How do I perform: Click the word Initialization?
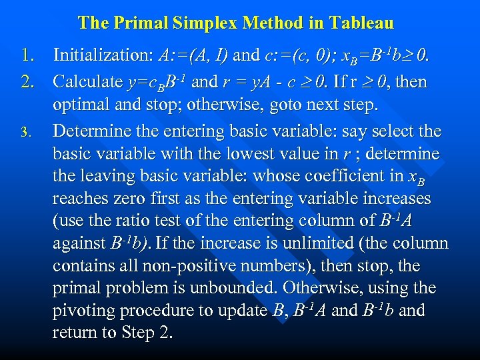pyautogui.click(x=103, y=54)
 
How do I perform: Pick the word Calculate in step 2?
pyautogui.click(x=87, y=82)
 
